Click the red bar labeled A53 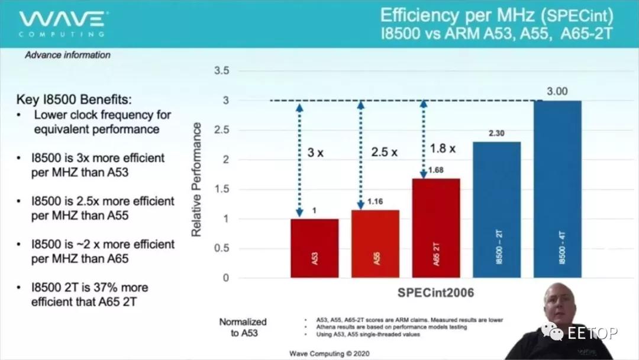click(314, 248)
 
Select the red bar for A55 click(375, 244)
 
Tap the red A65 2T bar click(435, 228)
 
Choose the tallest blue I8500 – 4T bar click(557, 189)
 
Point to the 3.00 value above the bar click(557, 91)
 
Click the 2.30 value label click(496, 133)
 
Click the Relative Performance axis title click(197, 180)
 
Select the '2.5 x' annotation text click(385, 152)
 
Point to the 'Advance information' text click(67, 55)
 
